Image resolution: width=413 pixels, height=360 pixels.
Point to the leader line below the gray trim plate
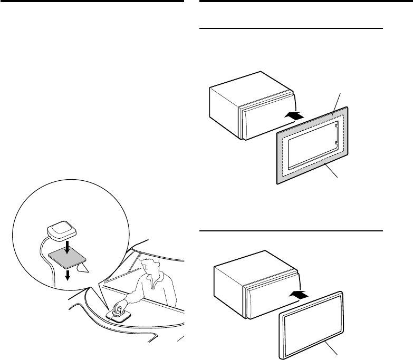[333, 174]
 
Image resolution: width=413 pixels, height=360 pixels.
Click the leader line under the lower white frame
[333, 348]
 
